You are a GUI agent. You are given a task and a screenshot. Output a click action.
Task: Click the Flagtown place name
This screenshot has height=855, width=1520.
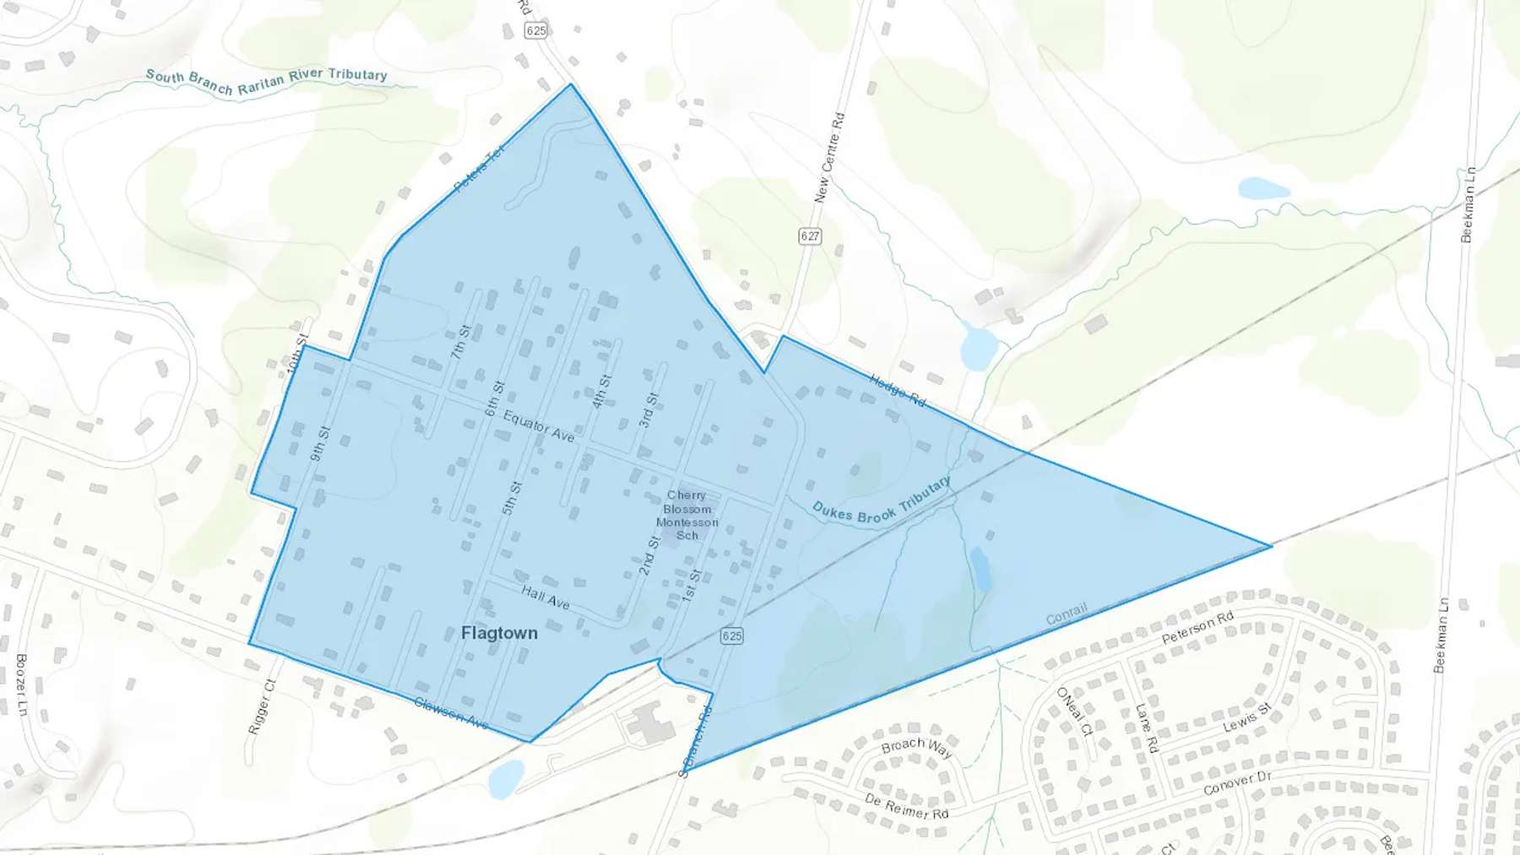[499, 633]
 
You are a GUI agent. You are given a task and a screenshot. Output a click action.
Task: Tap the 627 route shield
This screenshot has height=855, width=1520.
[810, 235]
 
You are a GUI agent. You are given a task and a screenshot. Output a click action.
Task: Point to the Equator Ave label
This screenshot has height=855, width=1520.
[539, 426]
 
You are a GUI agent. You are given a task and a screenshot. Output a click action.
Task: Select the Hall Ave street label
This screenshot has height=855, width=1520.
[546, 598]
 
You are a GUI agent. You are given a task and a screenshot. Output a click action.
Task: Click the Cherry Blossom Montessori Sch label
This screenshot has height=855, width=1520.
[687, 515]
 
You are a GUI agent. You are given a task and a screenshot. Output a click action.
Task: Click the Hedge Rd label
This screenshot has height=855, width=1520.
[897, 390]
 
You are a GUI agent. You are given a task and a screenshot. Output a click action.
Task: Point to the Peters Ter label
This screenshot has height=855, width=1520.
[479, 168]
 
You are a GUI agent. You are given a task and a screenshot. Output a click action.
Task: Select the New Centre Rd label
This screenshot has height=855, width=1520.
[829, 158]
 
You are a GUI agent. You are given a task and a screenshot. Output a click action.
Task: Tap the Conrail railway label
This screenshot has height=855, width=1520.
[1067, 614]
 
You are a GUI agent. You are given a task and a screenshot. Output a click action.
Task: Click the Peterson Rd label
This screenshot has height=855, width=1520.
[1197, 628]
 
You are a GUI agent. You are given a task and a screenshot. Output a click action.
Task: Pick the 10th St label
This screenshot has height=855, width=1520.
[298, 354]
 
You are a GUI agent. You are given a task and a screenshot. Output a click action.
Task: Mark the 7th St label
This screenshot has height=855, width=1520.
[460, 342]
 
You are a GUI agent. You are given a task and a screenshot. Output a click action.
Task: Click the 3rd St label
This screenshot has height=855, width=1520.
[648, 410]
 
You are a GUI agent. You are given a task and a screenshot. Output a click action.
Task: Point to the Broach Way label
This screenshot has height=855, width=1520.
[916, 748]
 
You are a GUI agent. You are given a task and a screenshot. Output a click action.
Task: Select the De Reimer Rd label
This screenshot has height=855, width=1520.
[907, 806]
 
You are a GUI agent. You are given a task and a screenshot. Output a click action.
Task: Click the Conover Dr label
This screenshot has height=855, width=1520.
[1237, 782]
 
